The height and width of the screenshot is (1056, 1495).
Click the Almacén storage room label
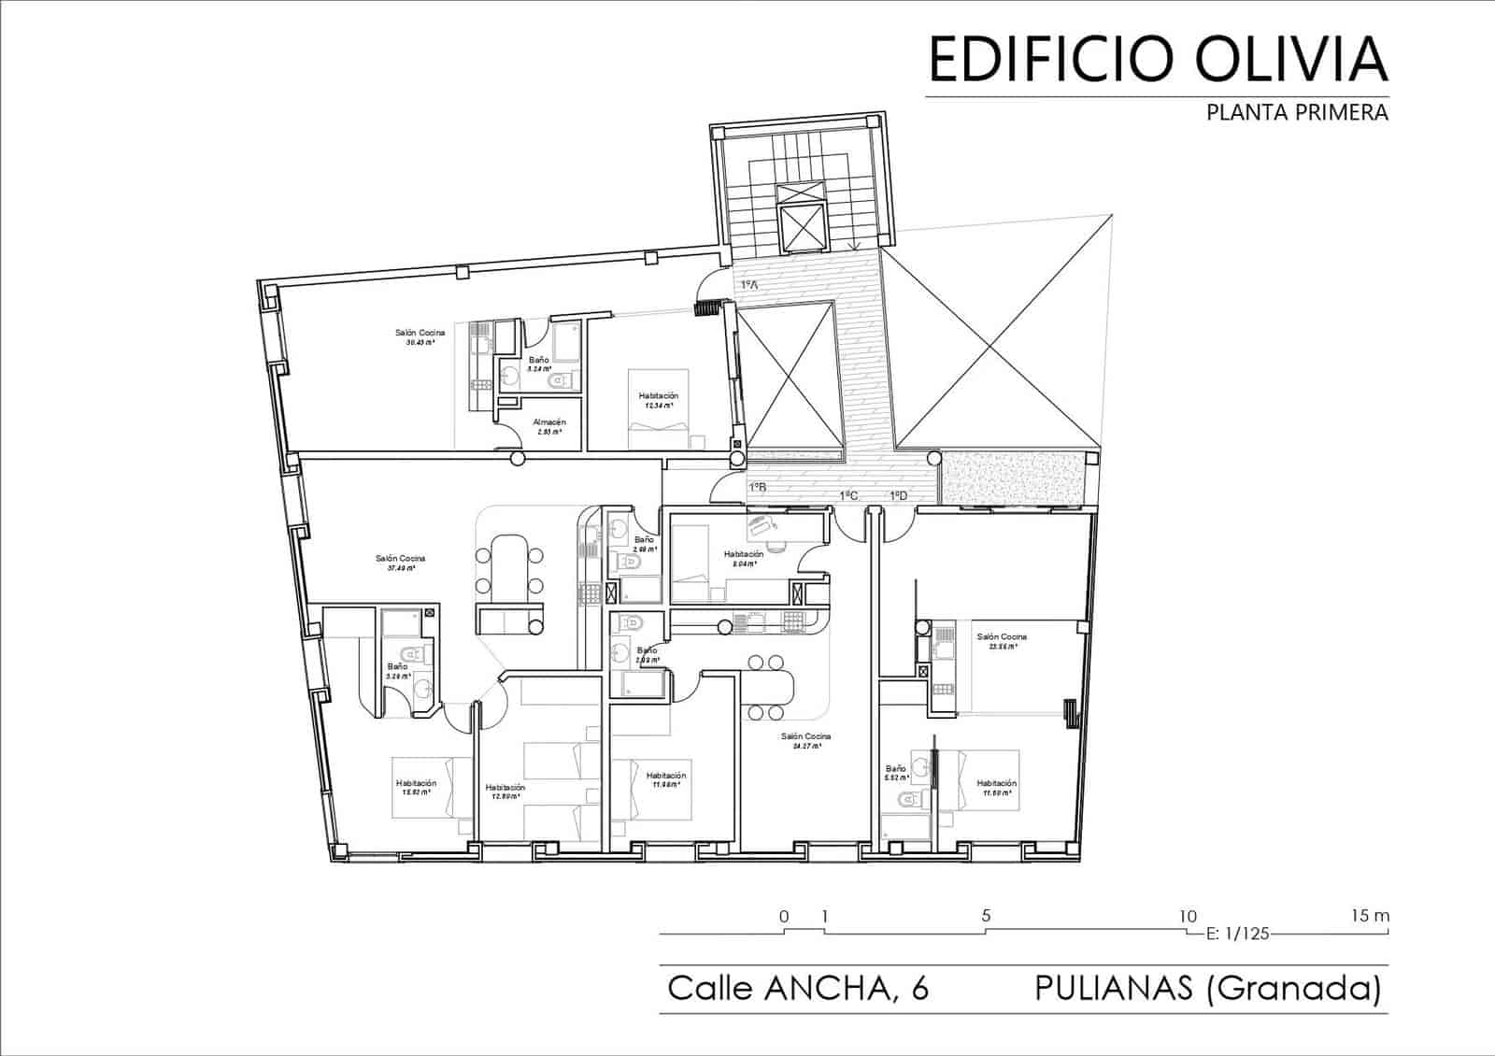coord(549,427)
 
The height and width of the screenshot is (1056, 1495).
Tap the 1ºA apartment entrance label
coord(748,285)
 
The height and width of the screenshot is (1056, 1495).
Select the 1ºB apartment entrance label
coord(757,487)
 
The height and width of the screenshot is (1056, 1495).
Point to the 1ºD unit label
coord(899,495)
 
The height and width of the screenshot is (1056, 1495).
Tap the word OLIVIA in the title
coord(1278,58)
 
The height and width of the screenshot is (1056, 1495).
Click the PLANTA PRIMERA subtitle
coord(1297,113)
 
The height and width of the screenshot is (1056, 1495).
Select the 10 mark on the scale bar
coord(1187,916)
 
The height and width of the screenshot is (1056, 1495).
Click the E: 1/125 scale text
coord(1238,933)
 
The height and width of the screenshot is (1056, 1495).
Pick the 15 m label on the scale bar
coord(1370,916)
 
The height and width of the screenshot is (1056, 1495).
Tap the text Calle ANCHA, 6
coord(798,988)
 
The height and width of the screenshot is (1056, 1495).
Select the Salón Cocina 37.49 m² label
coord(400,563)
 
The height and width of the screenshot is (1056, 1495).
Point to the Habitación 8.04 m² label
coord(744,558)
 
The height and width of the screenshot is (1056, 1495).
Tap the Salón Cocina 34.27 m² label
coord(805,741)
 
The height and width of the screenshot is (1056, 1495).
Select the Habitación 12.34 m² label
coord(659,401)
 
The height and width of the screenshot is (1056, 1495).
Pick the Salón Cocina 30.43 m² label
coord(419,336)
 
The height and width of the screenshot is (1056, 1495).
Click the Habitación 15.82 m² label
coord(416,787)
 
